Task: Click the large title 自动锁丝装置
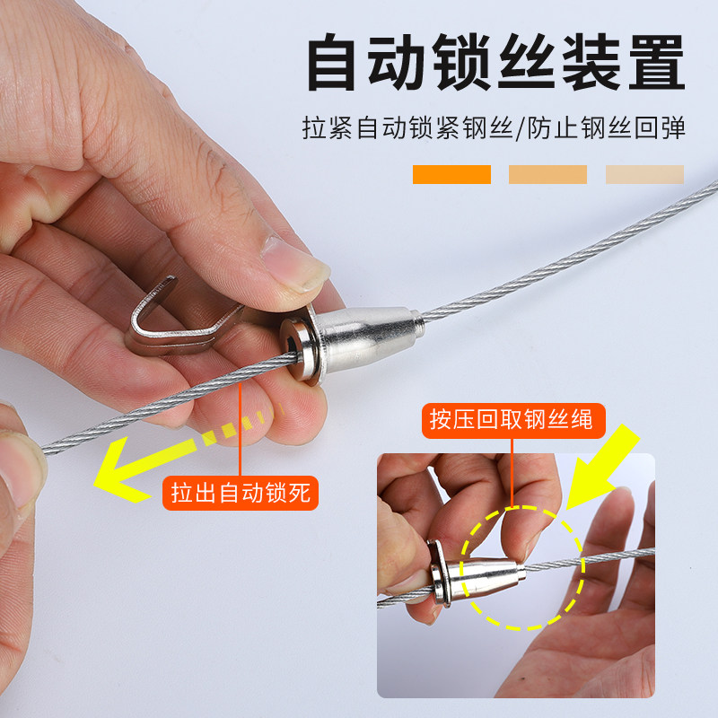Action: (x=495, y=64)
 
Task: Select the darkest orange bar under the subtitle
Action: (x=451, y=174)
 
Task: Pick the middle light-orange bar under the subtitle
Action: (x=547, y=174)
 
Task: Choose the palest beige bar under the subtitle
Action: (x=644, y=174)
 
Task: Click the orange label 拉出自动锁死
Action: (x=241, y=493)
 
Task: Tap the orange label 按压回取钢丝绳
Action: (x=512, y=420)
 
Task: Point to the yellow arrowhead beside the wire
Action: (x=121, y=471)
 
